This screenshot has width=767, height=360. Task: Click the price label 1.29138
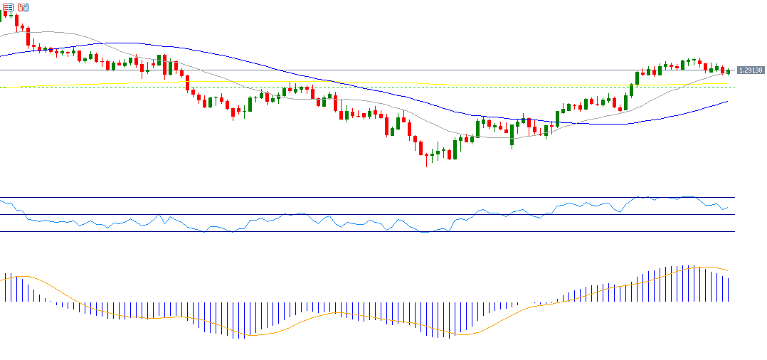point(751,70)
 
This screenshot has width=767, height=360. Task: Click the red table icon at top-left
point(9,7)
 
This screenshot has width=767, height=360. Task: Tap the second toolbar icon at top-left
point(23,7)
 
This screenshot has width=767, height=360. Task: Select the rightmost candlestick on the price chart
point(729,71)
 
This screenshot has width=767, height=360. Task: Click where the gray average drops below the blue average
point(105,43)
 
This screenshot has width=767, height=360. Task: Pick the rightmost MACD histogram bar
point(729,289)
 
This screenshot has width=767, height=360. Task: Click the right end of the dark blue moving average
point(728,102)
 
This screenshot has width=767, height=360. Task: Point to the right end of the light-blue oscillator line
point(728,208)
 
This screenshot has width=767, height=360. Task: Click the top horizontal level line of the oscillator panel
point(356,197)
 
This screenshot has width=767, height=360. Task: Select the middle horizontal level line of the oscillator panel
point(356,214)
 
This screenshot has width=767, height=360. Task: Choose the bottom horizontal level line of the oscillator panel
point(356,231)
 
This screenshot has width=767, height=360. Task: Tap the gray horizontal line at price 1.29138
point(356,70)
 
